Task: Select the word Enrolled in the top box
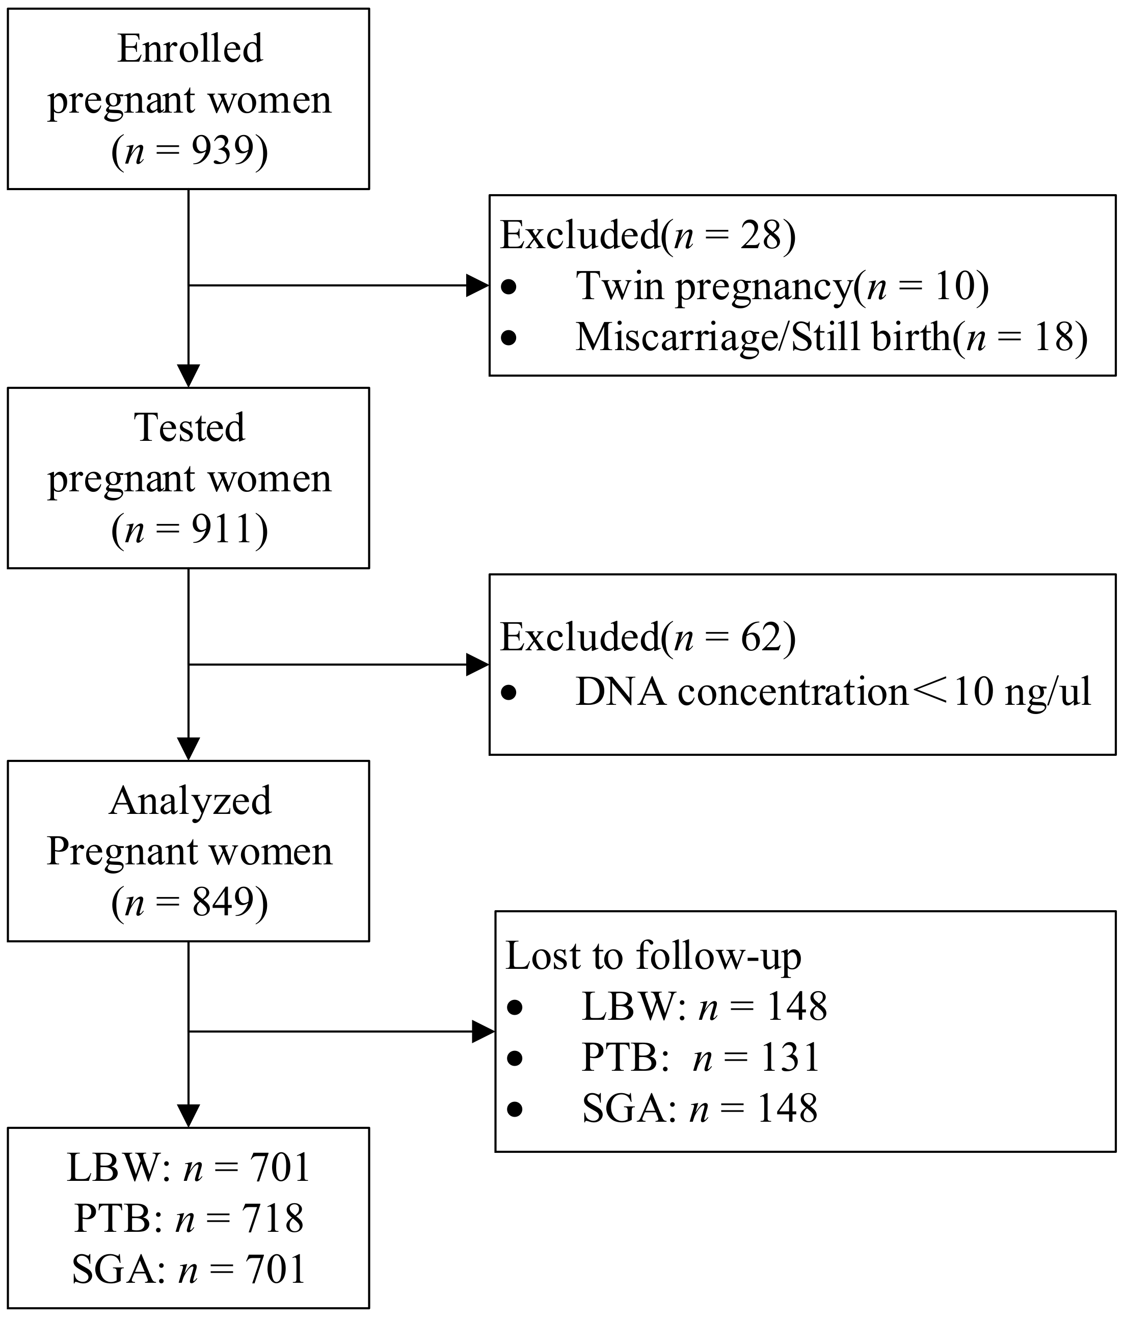coord(190,48)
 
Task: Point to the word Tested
coord(190,427)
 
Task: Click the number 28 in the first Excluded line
coord(760,235)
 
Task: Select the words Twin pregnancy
coord(714,286)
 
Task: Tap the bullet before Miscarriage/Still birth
coord(508,337)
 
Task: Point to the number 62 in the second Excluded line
coord(760,637)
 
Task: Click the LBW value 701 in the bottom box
coord(279,1168)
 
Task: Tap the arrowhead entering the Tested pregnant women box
coord(189,376)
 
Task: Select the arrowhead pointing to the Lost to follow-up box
coord(483,1032)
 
